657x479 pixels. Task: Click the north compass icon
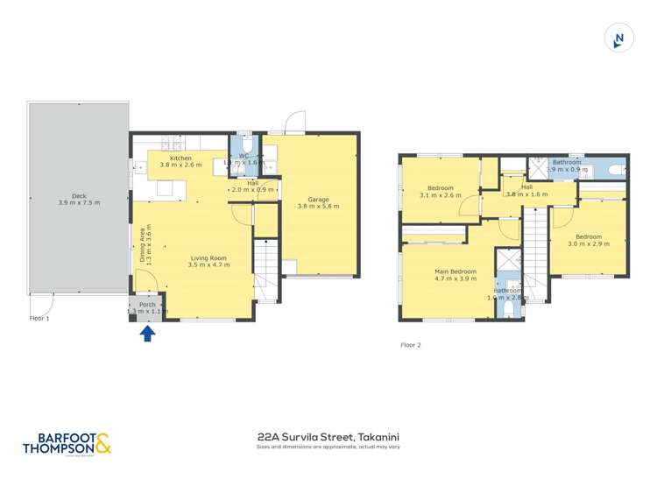[619, 39]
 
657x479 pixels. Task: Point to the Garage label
[317, 203]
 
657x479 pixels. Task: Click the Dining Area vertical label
[145, 245]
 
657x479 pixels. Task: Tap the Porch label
[147, 307]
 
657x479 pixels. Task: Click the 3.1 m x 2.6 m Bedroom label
[441, 193]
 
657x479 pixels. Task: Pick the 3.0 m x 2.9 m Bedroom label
[588, 240]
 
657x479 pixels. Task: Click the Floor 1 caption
[39, 319]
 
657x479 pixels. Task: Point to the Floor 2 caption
[411, 345]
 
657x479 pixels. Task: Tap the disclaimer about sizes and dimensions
[328, 447]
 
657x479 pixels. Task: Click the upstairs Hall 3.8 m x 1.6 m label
[526, 190]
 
